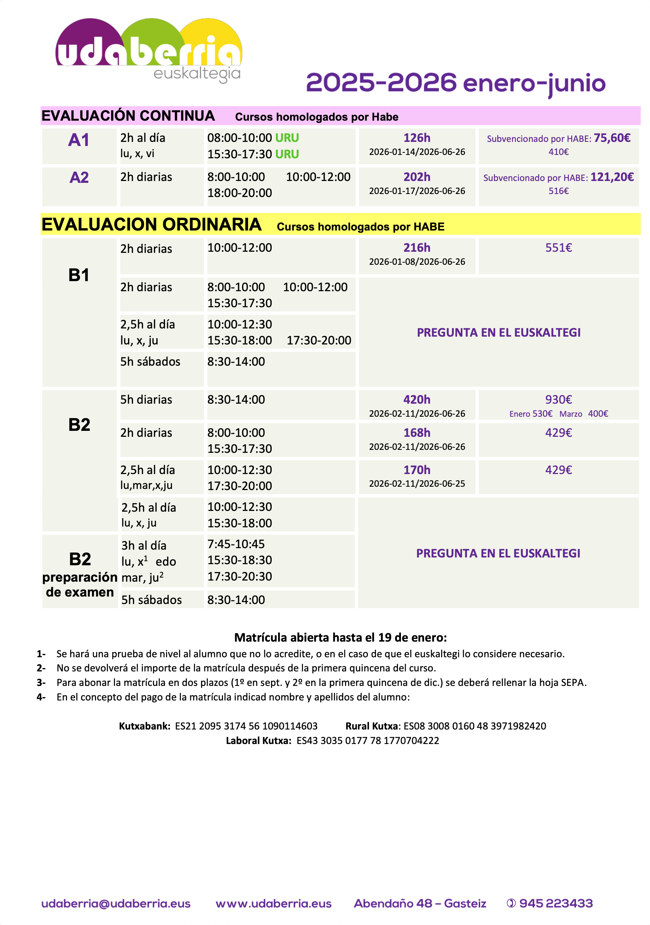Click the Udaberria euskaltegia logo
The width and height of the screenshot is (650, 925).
149,50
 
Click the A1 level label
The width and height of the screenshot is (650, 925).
79,140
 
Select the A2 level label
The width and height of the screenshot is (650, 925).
79,178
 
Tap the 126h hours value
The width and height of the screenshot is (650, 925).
417,138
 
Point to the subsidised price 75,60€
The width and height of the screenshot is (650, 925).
612,138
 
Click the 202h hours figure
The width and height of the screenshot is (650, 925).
417,177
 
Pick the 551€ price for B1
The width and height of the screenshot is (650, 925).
558,248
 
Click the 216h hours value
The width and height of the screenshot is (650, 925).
417,248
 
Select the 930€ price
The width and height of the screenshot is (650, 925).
558,400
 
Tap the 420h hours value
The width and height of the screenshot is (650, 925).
417,400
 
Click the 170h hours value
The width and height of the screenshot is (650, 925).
417,470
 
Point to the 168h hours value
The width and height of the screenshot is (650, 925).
417,433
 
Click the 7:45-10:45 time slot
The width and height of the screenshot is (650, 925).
236,544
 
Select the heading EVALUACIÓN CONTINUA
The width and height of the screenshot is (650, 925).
128,116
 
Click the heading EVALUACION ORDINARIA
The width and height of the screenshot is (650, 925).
152,225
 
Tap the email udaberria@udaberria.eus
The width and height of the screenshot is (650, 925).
116,904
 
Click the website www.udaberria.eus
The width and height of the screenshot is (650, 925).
274,904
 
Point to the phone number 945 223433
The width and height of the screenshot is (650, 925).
555,904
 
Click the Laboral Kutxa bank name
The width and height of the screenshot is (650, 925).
258,740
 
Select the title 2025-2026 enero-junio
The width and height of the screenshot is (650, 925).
455,83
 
